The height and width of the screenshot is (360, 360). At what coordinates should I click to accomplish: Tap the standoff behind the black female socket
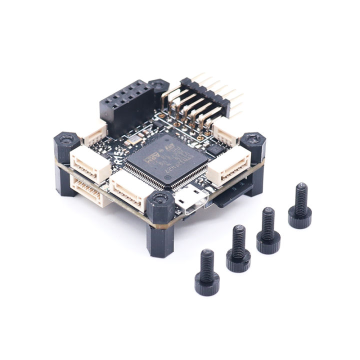pyautogui.click(x=158, y=87)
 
